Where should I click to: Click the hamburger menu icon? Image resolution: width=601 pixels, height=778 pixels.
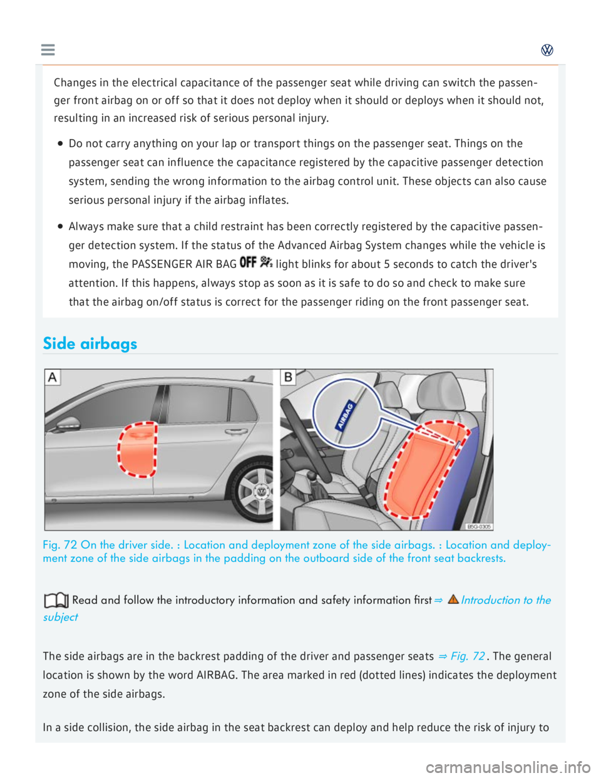click(x=48, y=50)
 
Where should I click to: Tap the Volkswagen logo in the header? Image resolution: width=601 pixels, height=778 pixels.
click(x=547, y=50)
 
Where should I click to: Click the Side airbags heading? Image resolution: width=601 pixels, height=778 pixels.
click(x=90, y=343)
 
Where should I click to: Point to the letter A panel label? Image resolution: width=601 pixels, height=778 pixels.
click(x=53, y=377)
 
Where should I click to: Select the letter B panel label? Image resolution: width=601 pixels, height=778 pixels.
click(x=288, y=377)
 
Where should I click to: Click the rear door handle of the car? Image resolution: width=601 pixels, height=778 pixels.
click(x=236, y=431)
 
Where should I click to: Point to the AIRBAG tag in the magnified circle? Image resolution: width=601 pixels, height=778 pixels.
click(x=346, y=415)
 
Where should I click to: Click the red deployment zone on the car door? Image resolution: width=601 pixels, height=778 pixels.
click(x=137, y=449)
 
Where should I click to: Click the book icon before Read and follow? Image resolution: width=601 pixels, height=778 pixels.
click(x=56, y=600)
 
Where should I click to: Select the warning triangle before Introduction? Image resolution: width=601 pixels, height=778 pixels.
click(x=453, y=599)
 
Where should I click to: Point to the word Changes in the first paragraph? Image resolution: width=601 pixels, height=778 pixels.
click(x=75, y=83)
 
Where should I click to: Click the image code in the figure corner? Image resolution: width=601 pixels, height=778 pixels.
click(x=480, y=526)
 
